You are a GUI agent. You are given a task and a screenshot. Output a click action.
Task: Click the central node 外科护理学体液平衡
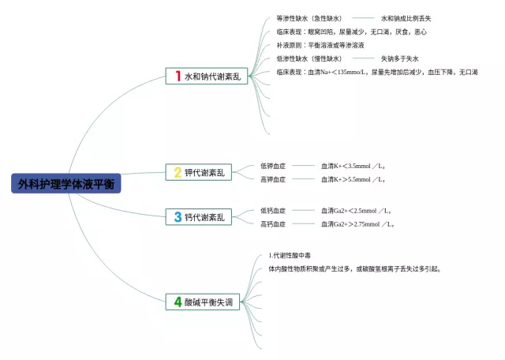66,184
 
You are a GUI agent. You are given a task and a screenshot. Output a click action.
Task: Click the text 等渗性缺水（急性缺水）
309,18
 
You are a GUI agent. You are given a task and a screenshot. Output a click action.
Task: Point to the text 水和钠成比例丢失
406,18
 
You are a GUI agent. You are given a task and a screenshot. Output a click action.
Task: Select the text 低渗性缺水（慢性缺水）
309,58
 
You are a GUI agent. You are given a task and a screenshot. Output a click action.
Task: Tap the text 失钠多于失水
399,58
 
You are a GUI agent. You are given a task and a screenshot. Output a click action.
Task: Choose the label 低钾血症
273,166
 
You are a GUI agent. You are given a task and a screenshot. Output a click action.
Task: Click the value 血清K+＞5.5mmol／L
353,179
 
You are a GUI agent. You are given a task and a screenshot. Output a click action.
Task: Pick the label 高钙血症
273,224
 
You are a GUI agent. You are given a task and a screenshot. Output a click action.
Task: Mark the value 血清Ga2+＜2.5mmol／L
356,211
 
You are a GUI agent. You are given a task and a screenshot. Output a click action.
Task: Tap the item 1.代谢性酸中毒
290,255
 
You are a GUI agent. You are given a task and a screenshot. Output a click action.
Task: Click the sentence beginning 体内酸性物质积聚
353,268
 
